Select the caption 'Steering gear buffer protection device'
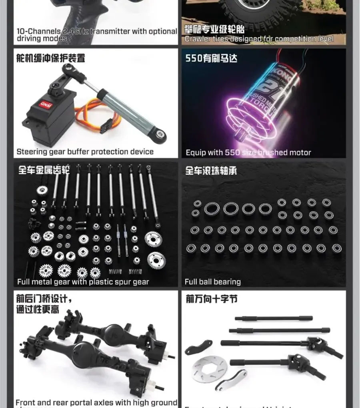85,152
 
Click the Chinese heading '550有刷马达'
211,58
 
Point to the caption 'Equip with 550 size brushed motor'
248,153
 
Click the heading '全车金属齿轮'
43,171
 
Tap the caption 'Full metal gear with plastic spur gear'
83,282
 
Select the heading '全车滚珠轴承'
211,171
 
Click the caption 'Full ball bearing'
212,282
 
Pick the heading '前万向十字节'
212,299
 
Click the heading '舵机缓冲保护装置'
50,58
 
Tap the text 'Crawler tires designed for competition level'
259,39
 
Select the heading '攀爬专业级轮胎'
214,29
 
